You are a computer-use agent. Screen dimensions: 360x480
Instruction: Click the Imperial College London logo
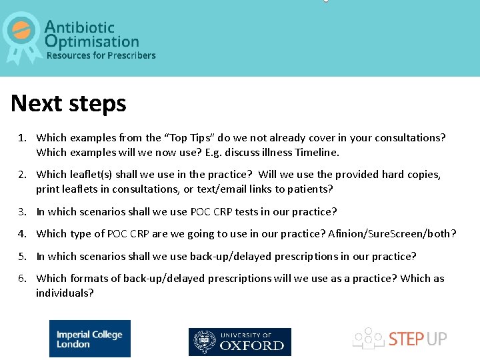(89, 339)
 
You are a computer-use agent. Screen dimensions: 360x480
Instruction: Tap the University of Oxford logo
(239, 341)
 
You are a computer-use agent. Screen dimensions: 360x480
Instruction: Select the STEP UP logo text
(417, 339)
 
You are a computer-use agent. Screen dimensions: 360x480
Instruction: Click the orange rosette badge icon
(22, 33)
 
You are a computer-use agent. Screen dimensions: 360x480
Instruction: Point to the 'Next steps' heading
(69, 104)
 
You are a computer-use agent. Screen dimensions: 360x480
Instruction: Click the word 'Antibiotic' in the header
(79, 27)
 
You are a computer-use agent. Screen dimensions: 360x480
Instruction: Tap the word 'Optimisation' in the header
(92, 41)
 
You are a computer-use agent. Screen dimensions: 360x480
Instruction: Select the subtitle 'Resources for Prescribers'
(101, 55)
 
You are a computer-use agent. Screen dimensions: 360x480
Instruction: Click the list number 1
(22, 138)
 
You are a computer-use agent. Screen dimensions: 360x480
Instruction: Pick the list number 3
(22, 212)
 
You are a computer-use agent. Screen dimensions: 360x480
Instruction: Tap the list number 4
(22, 234)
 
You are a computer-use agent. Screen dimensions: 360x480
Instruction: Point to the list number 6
(22, 279)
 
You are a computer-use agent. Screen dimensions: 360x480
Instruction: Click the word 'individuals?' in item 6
(65, 293)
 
